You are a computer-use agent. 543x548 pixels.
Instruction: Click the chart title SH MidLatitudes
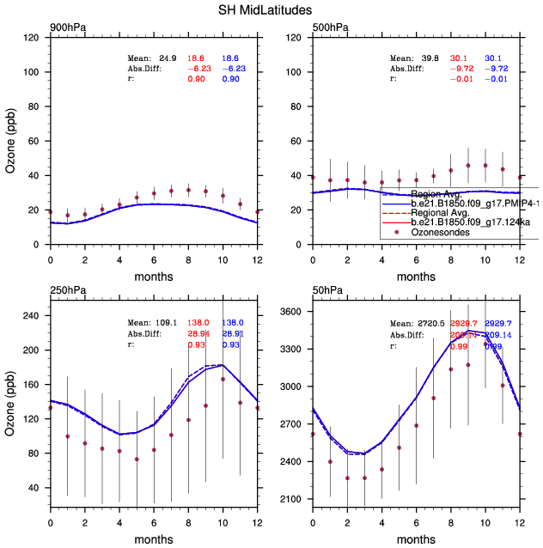tap(271, 9)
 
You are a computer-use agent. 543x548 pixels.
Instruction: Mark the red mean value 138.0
tap(199, 323)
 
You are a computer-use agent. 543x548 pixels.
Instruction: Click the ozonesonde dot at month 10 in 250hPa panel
tap(223, 379)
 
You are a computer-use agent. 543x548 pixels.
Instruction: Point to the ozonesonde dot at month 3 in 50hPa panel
tap(364, 478)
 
